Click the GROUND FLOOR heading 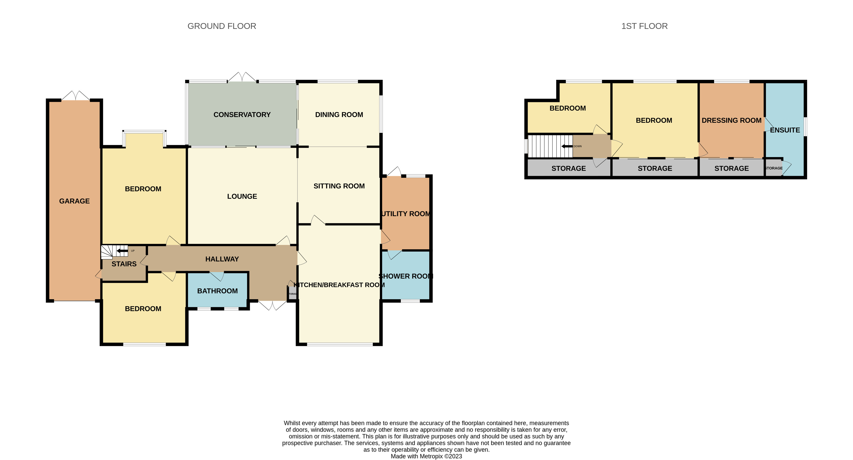point(222,26)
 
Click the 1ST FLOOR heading point(644,26)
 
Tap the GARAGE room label point(74,201)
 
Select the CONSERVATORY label point(242,115)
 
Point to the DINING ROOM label point(339,115)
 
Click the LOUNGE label point(242,196)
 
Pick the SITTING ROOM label point(339,186)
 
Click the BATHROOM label point(217,291)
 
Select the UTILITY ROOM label point(406,214)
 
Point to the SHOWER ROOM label point(406,276)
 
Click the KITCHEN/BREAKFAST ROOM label point(339,285)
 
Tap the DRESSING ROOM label point(731,120)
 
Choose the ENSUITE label point(785,130)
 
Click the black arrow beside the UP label point(122,251)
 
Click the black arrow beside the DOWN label point(567,146)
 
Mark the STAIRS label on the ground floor point(124,264)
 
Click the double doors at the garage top point(75,96)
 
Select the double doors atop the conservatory point(242,77)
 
